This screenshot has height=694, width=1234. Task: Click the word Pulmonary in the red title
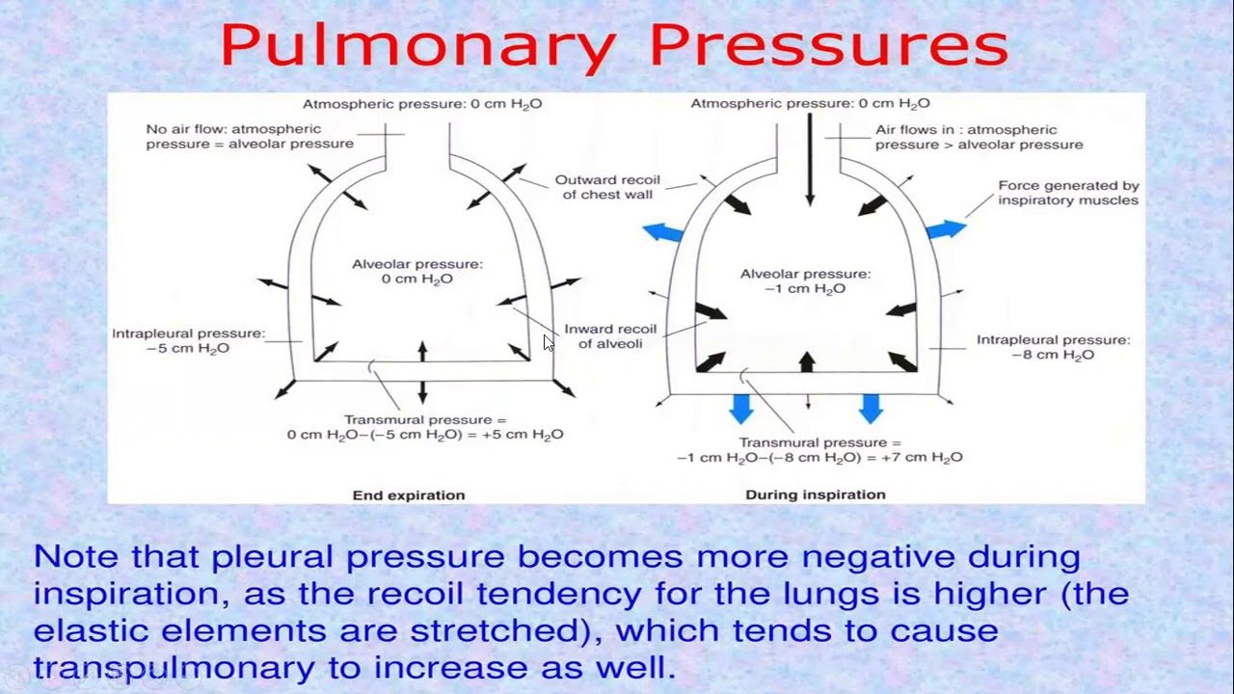(417, 46)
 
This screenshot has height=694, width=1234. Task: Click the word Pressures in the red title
(828, 46)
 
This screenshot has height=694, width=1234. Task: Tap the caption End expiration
(409, 495)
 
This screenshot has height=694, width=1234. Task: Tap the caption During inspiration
(816, 494)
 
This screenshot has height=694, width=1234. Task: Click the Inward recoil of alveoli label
(610, 336)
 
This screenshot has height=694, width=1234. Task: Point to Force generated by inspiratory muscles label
(1068, 193)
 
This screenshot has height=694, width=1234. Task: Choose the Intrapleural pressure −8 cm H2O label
(1053, 347)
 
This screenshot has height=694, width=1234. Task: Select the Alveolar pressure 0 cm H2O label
(416, 271)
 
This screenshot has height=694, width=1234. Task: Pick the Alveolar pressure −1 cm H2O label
(805, 281)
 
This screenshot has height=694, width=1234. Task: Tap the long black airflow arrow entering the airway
(810, 159)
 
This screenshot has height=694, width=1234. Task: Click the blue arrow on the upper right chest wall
(946, 229)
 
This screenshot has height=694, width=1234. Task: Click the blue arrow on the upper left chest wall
(663, 231)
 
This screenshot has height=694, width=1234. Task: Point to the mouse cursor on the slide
(548, 342)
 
